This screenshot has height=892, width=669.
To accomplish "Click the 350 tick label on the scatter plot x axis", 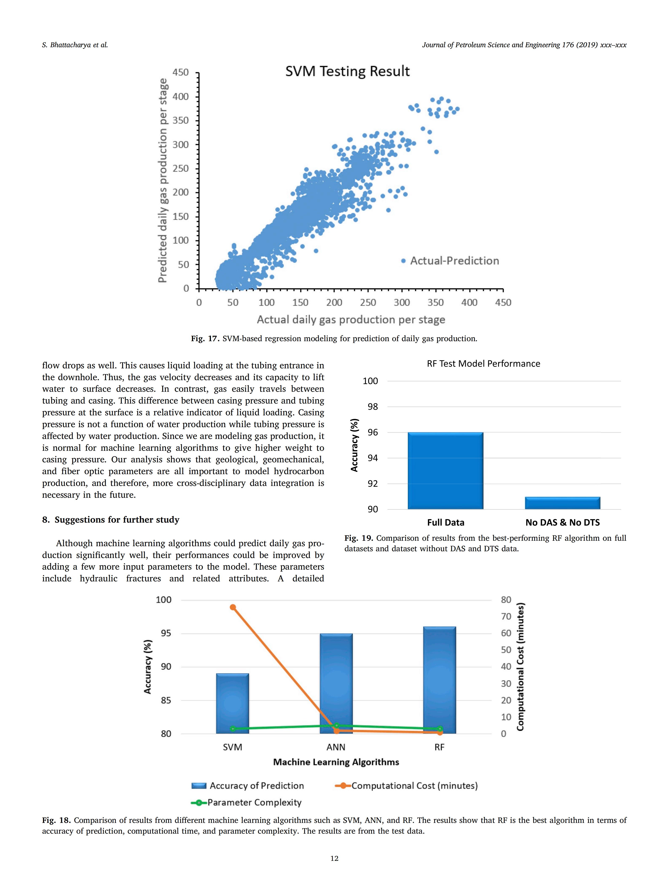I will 436,302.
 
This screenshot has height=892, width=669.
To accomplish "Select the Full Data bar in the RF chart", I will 445,471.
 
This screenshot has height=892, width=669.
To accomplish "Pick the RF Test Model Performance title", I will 483,364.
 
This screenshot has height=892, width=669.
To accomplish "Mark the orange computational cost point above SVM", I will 233,607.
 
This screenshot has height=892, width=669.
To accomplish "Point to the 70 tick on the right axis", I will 506,616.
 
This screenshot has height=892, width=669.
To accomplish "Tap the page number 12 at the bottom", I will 334,858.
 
